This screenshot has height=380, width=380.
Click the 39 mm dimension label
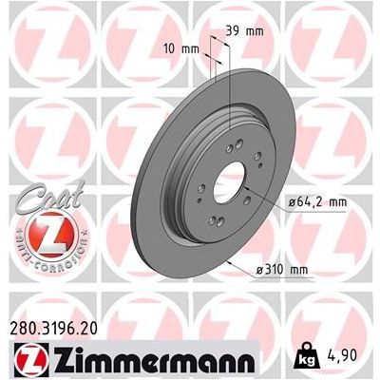tap(244, 31)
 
